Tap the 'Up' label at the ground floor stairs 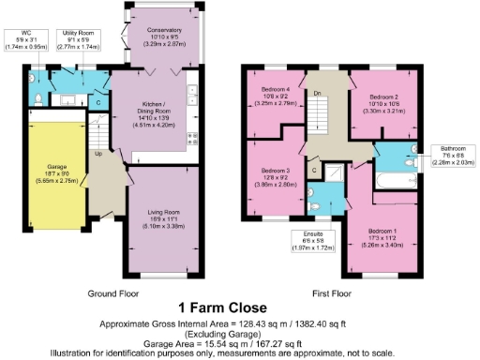(97, 154)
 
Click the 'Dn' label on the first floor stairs (318, 94)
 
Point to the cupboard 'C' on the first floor (316, 171)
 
